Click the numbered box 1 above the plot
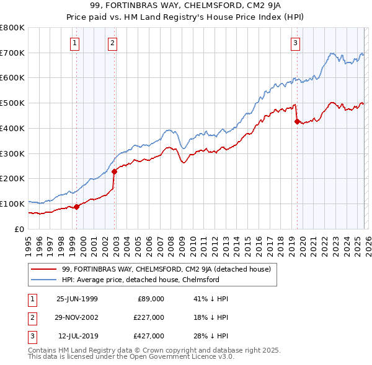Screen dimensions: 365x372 coord(74,43)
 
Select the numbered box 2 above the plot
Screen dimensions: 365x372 coord(112,43)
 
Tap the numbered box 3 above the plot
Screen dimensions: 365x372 coord(295,43)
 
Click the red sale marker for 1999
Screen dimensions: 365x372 coord(77,207)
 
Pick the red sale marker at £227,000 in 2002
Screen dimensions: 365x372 coord(114,172)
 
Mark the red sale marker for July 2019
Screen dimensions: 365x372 coord(297,121)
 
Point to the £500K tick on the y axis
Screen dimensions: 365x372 coord(14,103)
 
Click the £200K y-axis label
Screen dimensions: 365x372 coord(14,179)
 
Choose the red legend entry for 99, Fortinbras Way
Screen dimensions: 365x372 coord(166,269)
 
